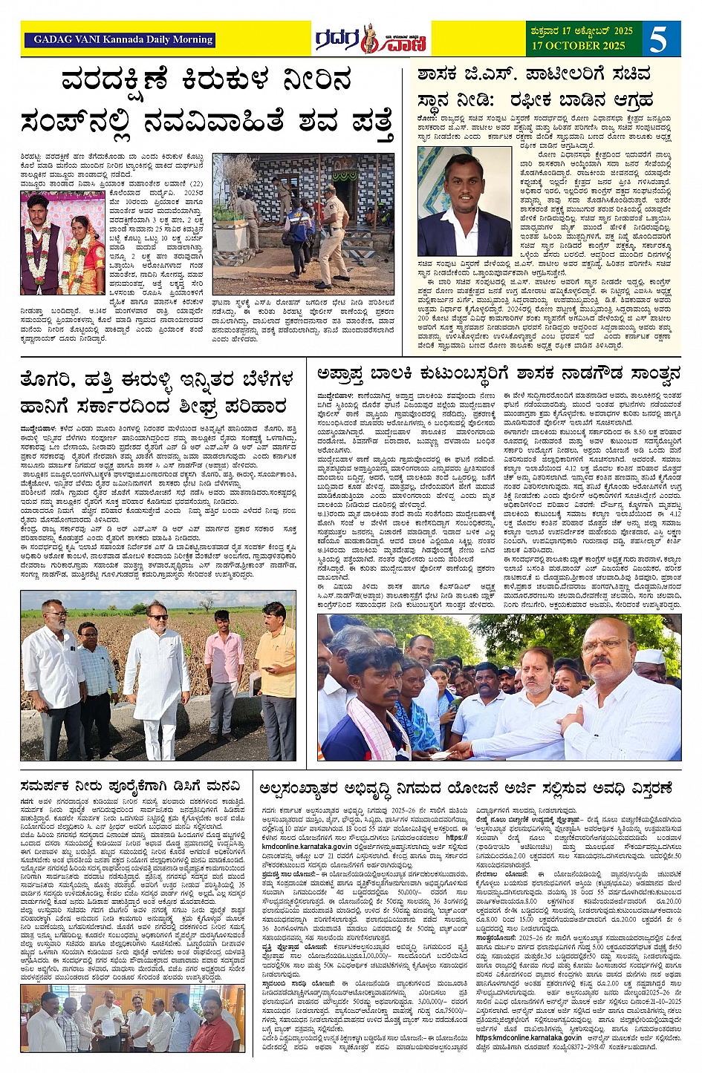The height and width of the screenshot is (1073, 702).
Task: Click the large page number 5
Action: tap(658, 39)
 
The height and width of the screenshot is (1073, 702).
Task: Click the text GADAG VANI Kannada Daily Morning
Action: tap(123, 40)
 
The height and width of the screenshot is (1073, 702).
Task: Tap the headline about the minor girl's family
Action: tap(498, 373)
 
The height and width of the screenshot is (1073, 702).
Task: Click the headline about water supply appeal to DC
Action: tap(130, 787)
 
